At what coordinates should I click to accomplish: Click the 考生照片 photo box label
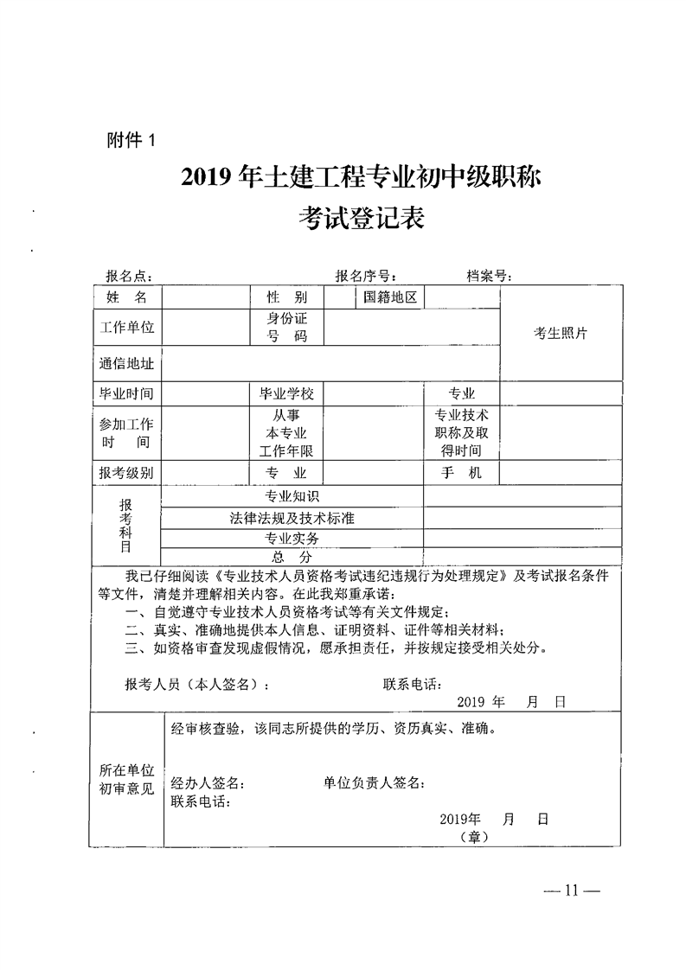[560, 334]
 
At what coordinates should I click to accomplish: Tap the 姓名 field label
[126, 297]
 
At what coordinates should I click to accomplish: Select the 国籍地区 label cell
[390, 297]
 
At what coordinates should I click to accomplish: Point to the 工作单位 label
[126, 328]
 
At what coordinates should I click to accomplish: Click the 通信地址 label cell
[126, 365]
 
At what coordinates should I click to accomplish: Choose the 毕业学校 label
[286, 393]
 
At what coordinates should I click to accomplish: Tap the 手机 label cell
[461, 473]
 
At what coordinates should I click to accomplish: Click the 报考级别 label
[126, 473]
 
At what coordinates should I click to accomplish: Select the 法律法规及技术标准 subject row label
[292, 518]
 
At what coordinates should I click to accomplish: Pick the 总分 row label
[292, 556]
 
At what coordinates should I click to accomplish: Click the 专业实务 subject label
[292, 538]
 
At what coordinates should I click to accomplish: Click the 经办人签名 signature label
[208, 783]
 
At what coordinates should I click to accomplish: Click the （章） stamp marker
[475, 837]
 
